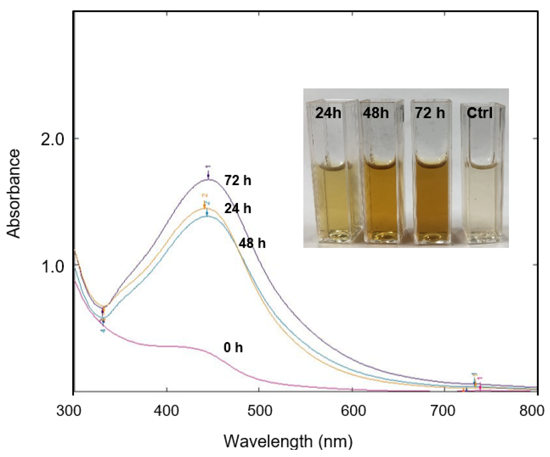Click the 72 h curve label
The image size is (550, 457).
[238, 181]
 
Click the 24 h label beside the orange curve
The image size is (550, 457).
[238, 209]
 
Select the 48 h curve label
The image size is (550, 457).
[252, 243]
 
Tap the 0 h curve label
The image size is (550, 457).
[233, 348]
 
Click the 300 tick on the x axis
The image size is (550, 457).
[69, 411]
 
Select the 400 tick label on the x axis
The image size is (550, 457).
[166, 411]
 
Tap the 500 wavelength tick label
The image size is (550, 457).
[259, 411]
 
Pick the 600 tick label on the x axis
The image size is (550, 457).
[353, 411]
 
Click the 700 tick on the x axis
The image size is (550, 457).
[446, 411]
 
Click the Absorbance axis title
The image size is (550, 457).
[14, 194]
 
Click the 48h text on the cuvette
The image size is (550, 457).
[376, 113]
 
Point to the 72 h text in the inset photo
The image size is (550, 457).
[429, 113]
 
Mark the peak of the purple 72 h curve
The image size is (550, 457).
[208, 179]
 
